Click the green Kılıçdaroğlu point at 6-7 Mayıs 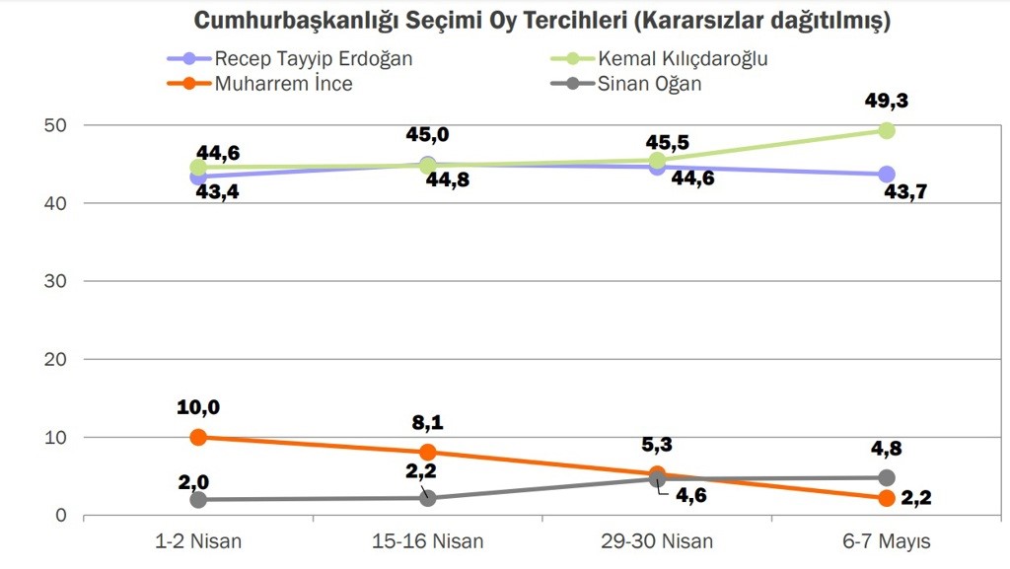coord(886,130)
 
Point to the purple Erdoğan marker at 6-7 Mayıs coord(886,174)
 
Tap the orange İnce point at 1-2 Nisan coord(198,437)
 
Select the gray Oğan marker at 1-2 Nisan coord(198,499)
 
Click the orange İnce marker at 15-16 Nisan coord(428,452)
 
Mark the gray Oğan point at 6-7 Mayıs coord(886,477)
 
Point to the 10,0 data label coord(198,405)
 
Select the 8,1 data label coord(428,422)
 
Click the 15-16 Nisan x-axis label coord(428,540)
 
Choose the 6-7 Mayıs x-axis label coord(886,540)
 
